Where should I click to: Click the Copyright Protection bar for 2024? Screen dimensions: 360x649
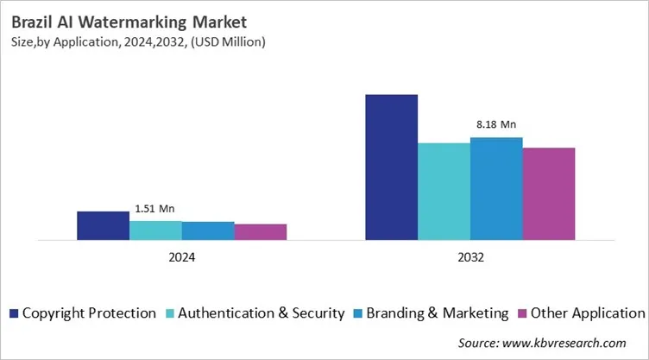pos(103,225)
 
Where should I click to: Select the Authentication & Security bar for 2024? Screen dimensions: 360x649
pos(155,230)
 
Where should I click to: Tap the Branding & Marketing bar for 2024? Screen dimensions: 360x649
pos(208,231)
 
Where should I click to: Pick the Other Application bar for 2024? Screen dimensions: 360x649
pos(261,231)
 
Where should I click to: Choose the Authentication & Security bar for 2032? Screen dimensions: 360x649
pos(444,191)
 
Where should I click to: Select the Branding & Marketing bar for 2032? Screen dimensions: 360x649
pos(496,188)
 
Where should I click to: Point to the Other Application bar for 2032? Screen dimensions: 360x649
pos(549,193)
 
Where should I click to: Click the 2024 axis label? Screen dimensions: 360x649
pos(181,257)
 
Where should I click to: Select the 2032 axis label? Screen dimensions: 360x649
pos(470,257)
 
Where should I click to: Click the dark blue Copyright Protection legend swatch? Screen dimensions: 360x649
pos(14,313)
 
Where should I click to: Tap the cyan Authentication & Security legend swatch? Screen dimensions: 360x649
pos(169,313)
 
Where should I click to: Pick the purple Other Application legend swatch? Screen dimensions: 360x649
pos(522,313)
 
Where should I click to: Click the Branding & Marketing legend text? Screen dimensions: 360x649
pos(437,313)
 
